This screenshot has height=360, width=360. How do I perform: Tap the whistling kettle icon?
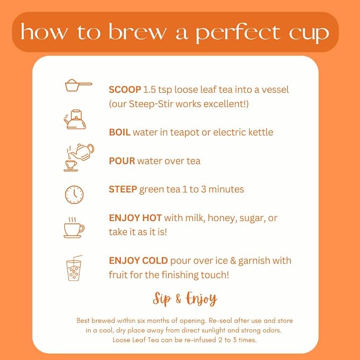[75, 119]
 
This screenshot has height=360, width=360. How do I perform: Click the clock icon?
[74, 195]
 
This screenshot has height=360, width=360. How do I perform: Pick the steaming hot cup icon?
[74, 227]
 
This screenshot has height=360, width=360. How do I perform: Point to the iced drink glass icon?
[74, 268]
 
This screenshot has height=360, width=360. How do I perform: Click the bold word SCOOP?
[125, 90]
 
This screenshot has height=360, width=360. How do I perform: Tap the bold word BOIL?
[120, 132]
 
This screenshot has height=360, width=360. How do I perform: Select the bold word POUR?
[122, 161]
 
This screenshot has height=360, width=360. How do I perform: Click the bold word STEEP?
[123, 189]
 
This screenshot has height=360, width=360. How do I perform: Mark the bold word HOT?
[152, 218]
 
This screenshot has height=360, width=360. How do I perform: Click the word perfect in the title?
[238, 33]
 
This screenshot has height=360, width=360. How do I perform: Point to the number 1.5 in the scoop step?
[150, 90]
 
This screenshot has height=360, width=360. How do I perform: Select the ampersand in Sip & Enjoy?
[178, 298]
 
